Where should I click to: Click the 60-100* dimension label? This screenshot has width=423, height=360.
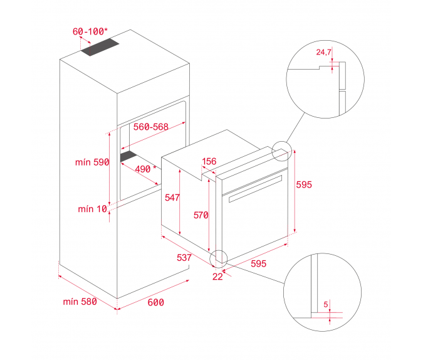(x=90, y=31)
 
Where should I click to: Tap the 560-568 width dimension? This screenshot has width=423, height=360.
(x=151, y=127)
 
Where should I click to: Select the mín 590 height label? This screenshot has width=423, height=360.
(x=92, y=162)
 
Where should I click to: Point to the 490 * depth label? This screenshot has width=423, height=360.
(x=145, y=169)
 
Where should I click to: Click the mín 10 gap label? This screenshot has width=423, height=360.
(x=93, y=209)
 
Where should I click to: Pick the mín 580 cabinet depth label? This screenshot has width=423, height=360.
(x=80, y=302)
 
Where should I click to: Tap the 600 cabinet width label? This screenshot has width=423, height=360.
(x=155, y=302)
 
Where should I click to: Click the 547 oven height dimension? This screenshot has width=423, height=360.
(x=172, y=198)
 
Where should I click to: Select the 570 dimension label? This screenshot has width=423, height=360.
(x=201, y=215)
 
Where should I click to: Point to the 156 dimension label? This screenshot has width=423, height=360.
(x=209, y=161)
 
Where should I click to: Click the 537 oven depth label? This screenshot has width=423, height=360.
(x=184, y=257)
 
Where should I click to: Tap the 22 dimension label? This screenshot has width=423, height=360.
(x=217, y=277)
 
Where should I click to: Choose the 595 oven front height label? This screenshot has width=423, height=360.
(x=304, y=184)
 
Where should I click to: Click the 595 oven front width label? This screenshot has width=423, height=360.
(x=258, y=263)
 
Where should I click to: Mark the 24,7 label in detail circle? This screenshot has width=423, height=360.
(x=323, y=52)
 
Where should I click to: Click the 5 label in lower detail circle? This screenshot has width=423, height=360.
(x=326, y=304)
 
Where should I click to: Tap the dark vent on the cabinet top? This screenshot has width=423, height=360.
(x=100, y=47)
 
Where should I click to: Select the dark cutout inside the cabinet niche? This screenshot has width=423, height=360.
(x=128, y=156)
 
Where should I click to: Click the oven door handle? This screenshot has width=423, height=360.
(x=255, y=189)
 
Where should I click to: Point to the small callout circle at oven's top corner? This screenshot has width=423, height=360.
(x=281, y=151)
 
